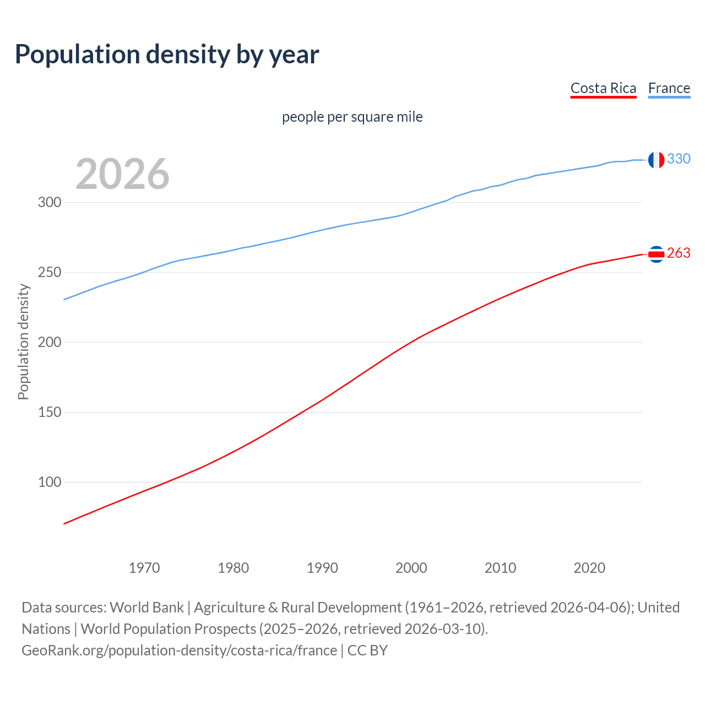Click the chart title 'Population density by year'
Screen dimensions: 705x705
pyautogui.click(x=167, y=55)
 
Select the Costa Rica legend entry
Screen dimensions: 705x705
pyautogui.click(x=603, y=88)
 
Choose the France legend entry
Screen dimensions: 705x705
pyautogui.click(x=669, y=88)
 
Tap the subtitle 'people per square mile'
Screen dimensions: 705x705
pyautogui.click(x=352, y=117)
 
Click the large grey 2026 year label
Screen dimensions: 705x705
pyautogui.click(x=122, y=174)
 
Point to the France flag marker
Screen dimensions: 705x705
pyautogui.click(x=656, y=160)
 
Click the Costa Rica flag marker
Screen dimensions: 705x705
pyautogui.click(x=656, y=254)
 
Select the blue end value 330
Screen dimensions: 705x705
pyautogui.click(x=679, y=159)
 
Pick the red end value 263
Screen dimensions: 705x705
pyautogui.click(x=679, y=253)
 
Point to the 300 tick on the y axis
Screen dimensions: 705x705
pyautogui.click(x=50, y=202)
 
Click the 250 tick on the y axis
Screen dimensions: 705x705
pyautogui.click(x=50, y=272)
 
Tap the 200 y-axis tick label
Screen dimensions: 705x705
pyautogui.click(x=50, y=342)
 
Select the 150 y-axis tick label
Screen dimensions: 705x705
pyautogui.click(x=50, y=412)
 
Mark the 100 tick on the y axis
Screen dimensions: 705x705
pyautogui.click(x=50, y=482)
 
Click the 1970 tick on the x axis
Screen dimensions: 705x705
pyautogui.click(x=144, y=568)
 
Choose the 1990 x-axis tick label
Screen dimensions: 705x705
pyautogui.click(x=322, y=568)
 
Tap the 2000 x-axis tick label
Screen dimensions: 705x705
pyautogui.click(x=411, y=568)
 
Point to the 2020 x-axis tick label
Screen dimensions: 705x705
pyautogui.click(x=589, y=568)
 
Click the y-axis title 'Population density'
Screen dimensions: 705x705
pyautogui.click(x=23, y=341)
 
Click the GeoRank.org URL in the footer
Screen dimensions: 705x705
pyautogui.click(x=179, y=650)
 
